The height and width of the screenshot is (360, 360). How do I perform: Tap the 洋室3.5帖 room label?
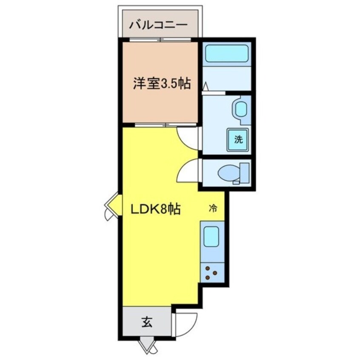tap(160, 84)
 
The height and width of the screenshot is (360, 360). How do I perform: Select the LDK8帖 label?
tap(157, 209)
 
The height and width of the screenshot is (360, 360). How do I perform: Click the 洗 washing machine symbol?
tap(238, 139)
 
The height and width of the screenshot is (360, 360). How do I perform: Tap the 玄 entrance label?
tap(146, 322)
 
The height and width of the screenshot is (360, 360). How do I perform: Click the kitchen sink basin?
tap(211, 237)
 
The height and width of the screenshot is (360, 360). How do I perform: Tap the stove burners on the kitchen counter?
tap(211, 272)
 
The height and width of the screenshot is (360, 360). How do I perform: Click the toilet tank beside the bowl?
tap(244, 172)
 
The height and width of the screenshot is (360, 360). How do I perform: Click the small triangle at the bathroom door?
tap(205, 87)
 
